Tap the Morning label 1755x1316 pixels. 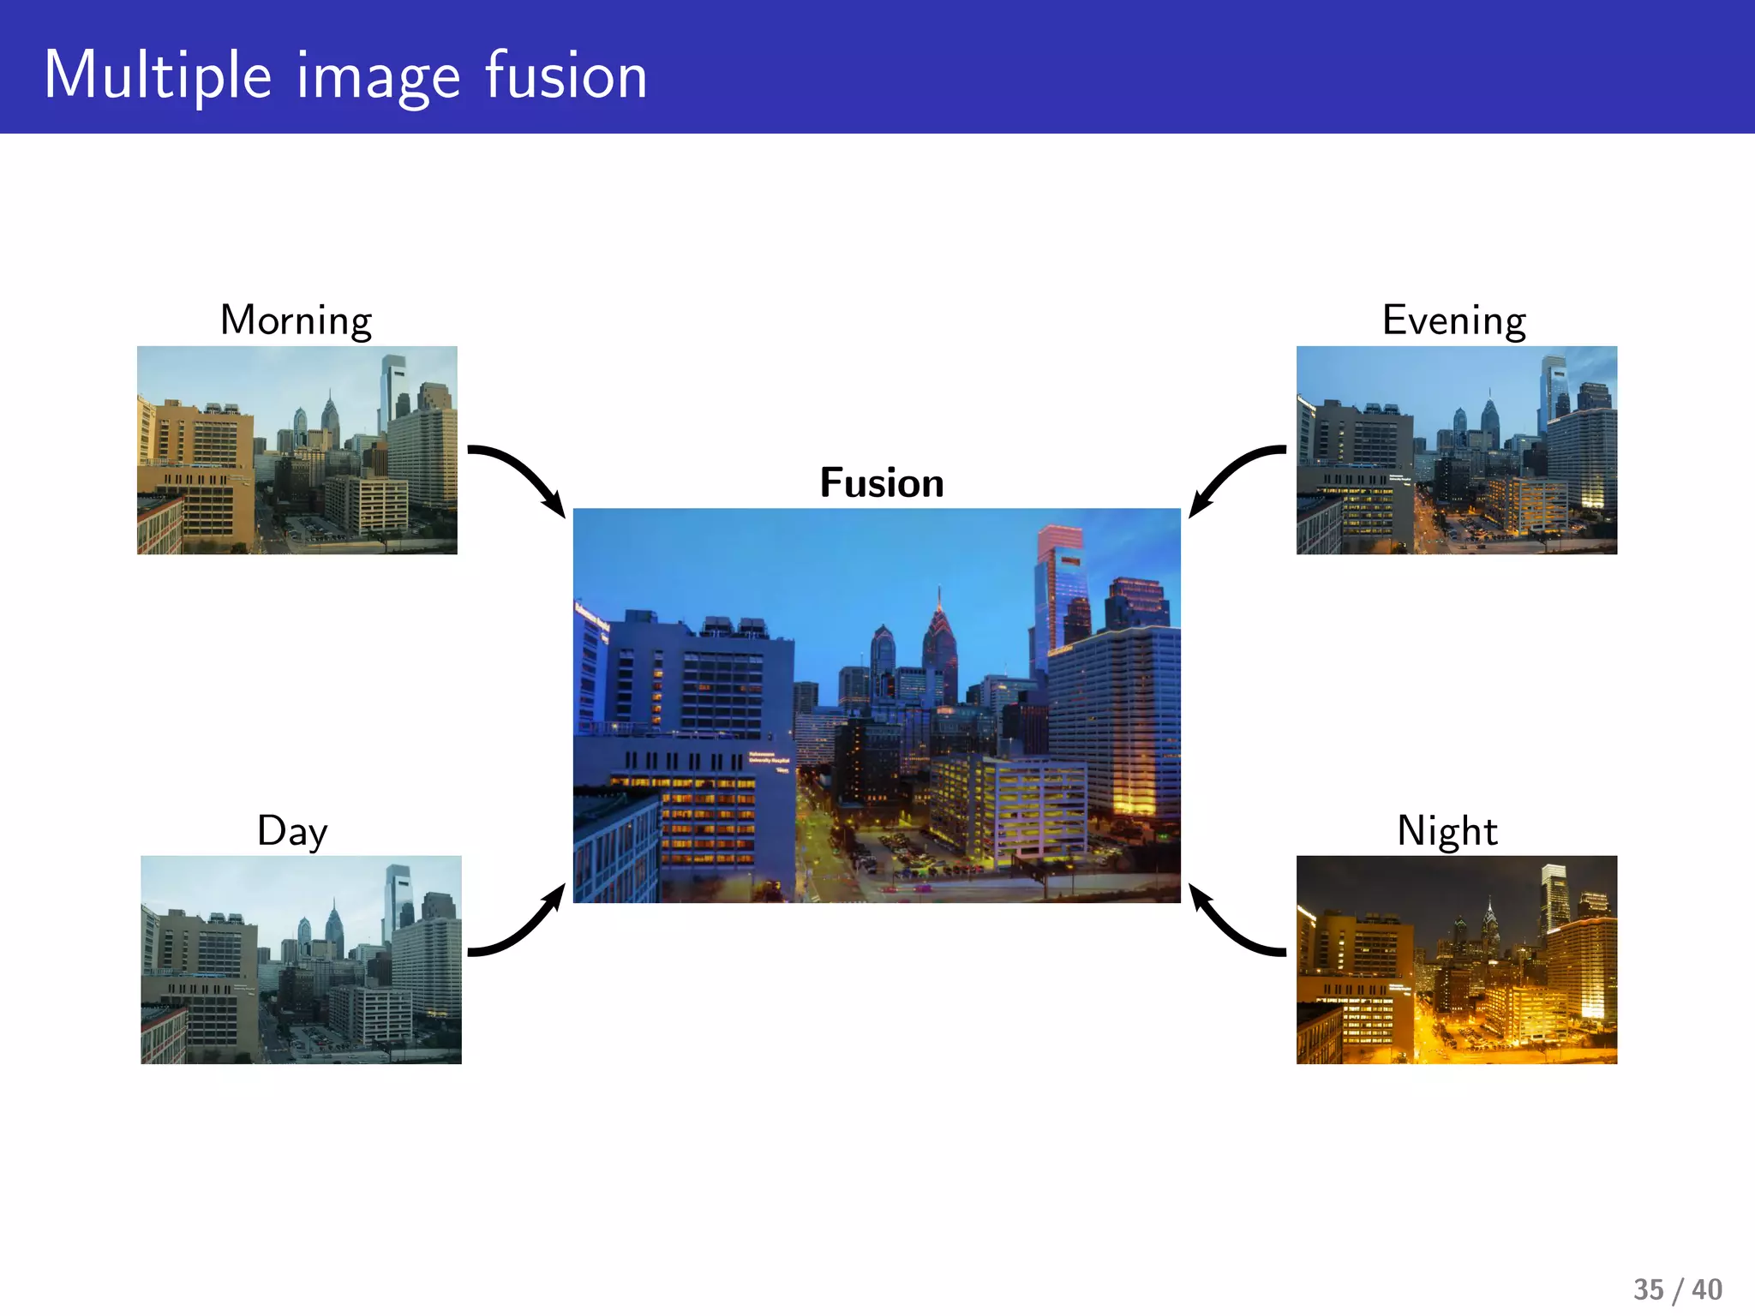click(x=296, y=320)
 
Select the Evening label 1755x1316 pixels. click(x=1454, y=320)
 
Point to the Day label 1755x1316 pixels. click(x=292, y=830)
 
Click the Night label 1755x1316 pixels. click(x=1447, y=830)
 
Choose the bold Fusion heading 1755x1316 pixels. click(x=882, y=482)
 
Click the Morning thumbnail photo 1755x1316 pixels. click(x=297, y=450)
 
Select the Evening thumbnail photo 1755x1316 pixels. click(x=1457, y=450)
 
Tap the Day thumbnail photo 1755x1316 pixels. click(x=301, y=960)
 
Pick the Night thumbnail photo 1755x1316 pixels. click(x=1457, y=960)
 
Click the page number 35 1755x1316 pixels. click(x=1648, y=1289)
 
